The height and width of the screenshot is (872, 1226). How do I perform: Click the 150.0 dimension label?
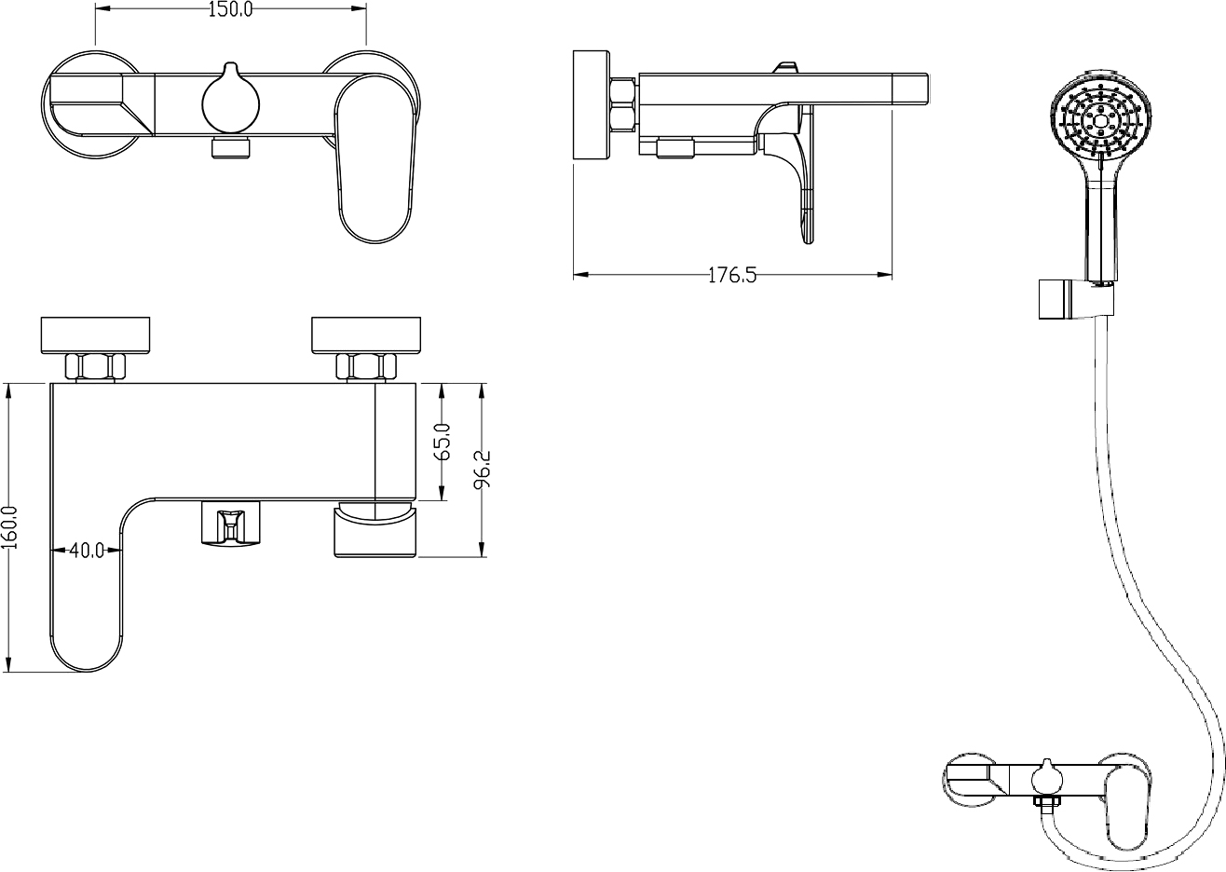pyautogui.click(x=230, y=9)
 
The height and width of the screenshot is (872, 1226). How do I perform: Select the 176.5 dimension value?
pyautogui.click(x=732, y=276)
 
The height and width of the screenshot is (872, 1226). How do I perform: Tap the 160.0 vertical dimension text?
pyautogui.click(x=10, y=527)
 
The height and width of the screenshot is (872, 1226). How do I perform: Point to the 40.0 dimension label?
pyautogui.click(x=87, y=551)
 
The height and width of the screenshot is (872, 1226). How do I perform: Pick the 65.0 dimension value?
pyautogui.click(x=443, y=442)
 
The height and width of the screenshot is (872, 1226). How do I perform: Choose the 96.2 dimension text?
pyautogui.click(x=482, y=470)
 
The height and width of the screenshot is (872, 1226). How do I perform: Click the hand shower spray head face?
pyautogui.click(x=1101, y=120)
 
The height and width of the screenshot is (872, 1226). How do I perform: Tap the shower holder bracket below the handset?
pyautogui.click(x=1076, y=299)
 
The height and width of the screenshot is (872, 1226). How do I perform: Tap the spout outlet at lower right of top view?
pyautogui.click(x=375, y=530)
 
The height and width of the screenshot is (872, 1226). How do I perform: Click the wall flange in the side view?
pyautogui.click(x=592, y=105)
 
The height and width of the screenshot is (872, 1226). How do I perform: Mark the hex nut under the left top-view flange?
pyautogui.click(x=95, y=367)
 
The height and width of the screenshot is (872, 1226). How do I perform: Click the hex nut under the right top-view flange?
pyautogui.click(x=366, y=367)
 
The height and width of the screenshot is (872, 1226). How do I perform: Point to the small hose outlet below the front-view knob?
pyautogui.click(x=230, y=148)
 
